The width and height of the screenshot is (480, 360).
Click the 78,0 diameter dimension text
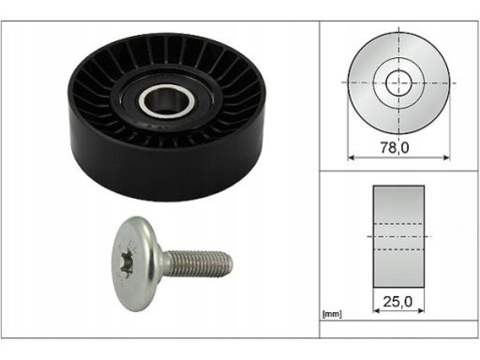coord(395,147)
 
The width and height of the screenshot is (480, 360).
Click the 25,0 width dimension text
coord(397,302)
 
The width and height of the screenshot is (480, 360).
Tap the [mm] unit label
coord(332,314)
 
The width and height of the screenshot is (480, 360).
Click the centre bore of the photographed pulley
coord(166,100)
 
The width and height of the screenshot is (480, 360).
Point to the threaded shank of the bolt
coord(198,262)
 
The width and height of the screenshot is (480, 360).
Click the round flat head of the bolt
coord(135,263)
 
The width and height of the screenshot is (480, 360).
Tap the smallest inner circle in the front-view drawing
coord(399,83)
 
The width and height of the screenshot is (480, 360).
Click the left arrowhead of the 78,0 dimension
coord(351,157)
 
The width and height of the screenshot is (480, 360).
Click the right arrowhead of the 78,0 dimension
coord(446,157)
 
